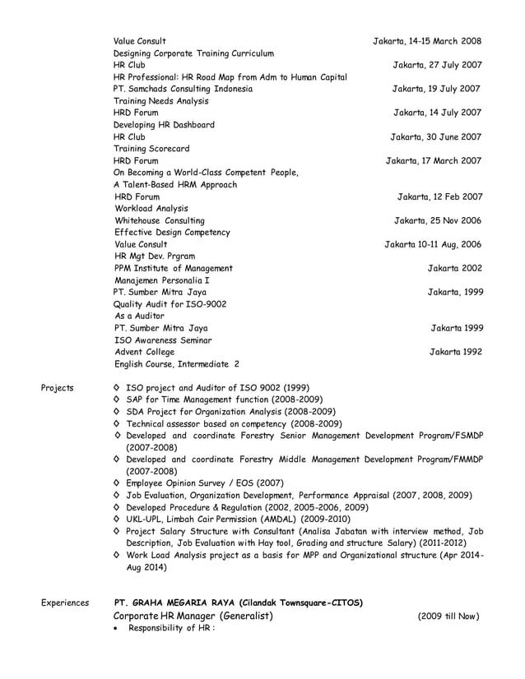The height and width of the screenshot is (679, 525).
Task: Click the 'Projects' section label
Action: pos(57,388)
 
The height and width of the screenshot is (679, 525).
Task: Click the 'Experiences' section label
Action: pos(65,603)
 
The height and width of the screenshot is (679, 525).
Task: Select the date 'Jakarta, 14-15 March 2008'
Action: pos(427,41)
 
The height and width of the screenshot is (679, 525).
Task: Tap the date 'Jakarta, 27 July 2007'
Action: pos(437,65)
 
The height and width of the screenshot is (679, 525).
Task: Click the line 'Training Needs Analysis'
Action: pos(160,101)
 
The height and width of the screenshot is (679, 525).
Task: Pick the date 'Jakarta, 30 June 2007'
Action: pos(435,137)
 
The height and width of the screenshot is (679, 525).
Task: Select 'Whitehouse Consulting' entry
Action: pos(160,221)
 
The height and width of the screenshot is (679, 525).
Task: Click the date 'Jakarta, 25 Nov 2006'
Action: pos(438,221)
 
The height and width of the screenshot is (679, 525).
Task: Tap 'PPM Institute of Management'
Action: pos(174,268)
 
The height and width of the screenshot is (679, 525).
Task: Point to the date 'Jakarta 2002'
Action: pos(454,268)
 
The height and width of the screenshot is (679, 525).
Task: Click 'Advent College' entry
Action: pos(145,352)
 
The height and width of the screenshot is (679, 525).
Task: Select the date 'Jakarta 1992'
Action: pos(456,352)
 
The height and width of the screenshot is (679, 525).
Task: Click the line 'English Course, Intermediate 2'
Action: pos(177,364)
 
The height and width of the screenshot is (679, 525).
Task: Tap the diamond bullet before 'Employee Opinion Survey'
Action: pos(117,483)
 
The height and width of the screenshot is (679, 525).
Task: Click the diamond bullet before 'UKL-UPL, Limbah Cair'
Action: pos(117,520)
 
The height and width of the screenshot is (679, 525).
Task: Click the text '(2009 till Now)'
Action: pos(448,617)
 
